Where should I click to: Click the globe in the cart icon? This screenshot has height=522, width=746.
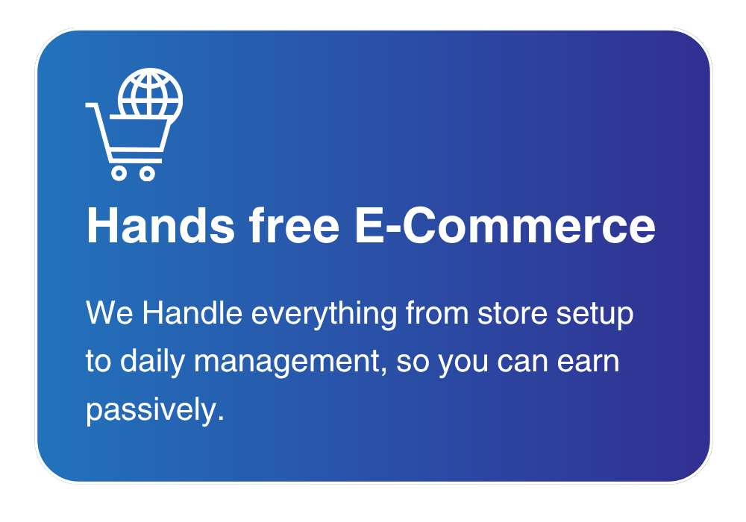point(151,94)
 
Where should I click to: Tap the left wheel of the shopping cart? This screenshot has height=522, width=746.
point(119,173)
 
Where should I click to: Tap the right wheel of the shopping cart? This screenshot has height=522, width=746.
point(148,173)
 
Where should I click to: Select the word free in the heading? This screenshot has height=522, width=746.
point(294,225)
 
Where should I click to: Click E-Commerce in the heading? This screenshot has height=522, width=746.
point(505,225)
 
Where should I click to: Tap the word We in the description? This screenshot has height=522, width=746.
point(110,313)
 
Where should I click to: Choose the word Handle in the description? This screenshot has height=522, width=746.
point(192,312)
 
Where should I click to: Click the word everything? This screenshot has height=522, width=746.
point(324,315)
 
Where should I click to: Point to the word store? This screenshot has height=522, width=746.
point(512,314)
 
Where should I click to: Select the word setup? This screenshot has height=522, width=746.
point(595,315)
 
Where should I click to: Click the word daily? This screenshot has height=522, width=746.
point(152,362)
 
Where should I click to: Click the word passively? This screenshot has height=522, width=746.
point(154,410)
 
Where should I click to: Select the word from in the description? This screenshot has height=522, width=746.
point(437,312)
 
